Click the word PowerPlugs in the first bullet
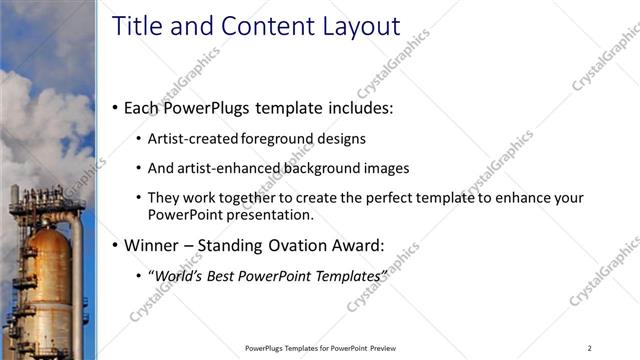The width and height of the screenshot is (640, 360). [x=213, y=106]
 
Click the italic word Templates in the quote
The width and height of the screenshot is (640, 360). [x=349, y=274]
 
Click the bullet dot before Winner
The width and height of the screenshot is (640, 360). [x=115, y=245]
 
